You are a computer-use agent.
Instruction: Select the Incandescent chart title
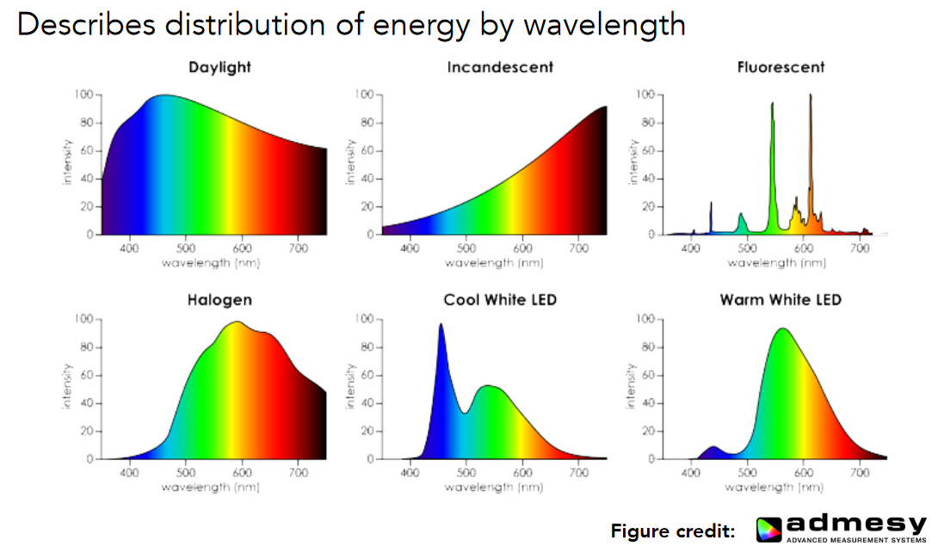500,67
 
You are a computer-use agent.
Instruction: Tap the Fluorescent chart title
781,67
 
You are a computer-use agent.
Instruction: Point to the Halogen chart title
219,300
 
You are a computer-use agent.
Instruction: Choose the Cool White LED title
500,300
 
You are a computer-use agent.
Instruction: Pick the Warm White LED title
781,300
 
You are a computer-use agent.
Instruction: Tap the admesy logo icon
770,530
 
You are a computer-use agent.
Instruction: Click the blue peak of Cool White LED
441,326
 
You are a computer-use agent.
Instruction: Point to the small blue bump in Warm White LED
713,448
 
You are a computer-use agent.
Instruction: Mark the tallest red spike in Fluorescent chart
810,96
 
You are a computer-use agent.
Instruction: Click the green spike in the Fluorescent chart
772,105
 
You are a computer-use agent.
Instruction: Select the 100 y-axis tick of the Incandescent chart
365,94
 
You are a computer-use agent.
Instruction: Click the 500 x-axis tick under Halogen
185,473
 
